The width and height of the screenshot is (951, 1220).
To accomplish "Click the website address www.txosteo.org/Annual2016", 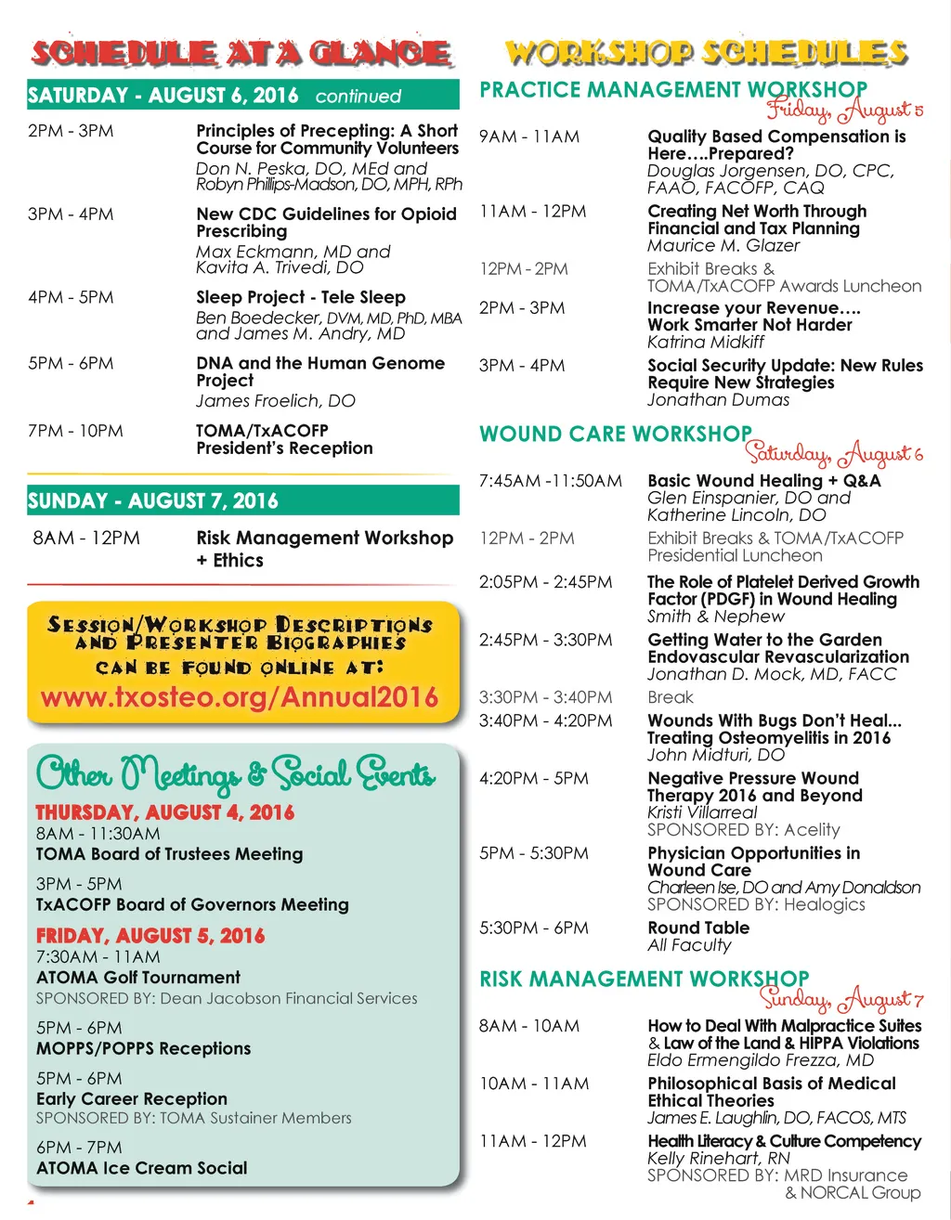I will (239, 697).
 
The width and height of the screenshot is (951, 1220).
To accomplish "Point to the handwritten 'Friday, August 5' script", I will (843, 110).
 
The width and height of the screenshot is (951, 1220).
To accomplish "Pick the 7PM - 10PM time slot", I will (75, 431).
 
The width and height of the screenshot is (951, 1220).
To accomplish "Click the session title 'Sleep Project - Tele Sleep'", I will (301, 297).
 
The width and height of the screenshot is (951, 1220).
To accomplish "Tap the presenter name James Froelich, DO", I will (276, 401).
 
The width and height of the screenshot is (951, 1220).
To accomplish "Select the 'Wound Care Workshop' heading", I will (616, 434).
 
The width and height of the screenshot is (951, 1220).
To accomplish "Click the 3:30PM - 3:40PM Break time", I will (546, 697).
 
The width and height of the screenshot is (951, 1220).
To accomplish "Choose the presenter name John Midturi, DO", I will (716, 755).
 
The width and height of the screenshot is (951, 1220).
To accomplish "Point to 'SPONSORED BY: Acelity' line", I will (744, 829).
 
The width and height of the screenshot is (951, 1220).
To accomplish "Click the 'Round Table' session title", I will (698, 928).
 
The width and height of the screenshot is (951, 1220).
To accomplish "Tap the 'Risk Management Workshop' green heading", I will (645, 979).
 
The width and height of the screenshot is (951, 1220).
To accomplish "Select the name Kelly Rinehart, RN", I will (719, 1158).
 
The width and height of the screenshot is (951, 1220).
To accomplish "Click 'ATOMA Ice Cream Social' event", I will (142, 1168).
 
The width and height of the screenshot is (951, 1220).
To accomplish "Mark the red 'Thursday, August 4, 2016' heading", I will (165, 812).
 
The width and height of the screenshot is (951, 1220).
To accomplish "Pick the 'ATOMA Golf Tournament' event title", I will (138, 978).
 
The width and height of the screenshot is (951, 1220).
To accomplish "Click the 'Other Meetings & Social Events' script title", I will (236, 773).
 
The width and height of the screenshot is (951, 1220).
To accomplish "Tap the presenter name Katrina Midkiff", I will (706, 342).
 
